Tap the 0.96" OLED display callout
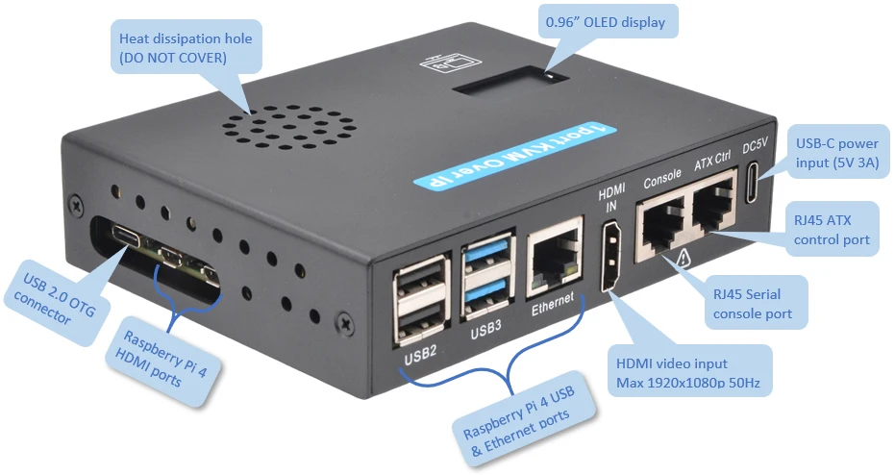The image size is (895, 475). (605, 21)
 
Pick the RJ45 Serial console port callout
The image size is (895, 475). (753, 298)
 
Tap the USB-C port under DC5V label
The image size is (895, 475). (753, 184)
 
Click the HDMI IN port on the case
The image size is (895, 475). (609, 256)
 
